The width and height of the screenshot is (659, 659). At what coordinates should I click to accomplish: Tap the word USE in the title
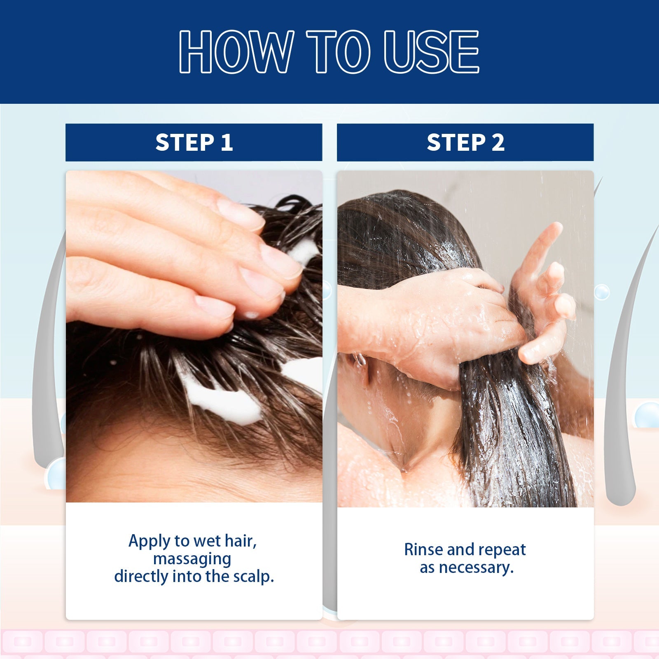(431, 52)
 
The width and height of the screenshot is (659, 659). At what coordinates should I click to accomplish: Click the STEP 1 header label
(194, 143)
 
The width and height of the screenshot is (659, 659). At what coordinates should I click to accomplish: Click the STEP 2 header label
(465, 143)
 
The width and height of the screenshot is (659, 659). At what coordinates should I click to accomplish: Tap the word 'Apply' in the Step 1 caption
(149, 541)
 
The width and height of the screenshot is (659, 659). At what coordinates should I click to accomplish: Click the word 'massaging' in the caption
(192, 559)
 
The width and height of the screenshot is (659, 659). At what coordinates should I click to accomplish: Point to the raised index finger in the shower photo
(544, 247)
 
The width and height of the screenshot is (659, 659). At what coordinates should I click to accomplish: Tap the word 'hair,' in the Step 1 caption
(241, 541)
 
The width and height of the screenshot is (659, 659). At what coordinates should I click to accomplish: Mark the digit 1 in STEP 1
(226, 143)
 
